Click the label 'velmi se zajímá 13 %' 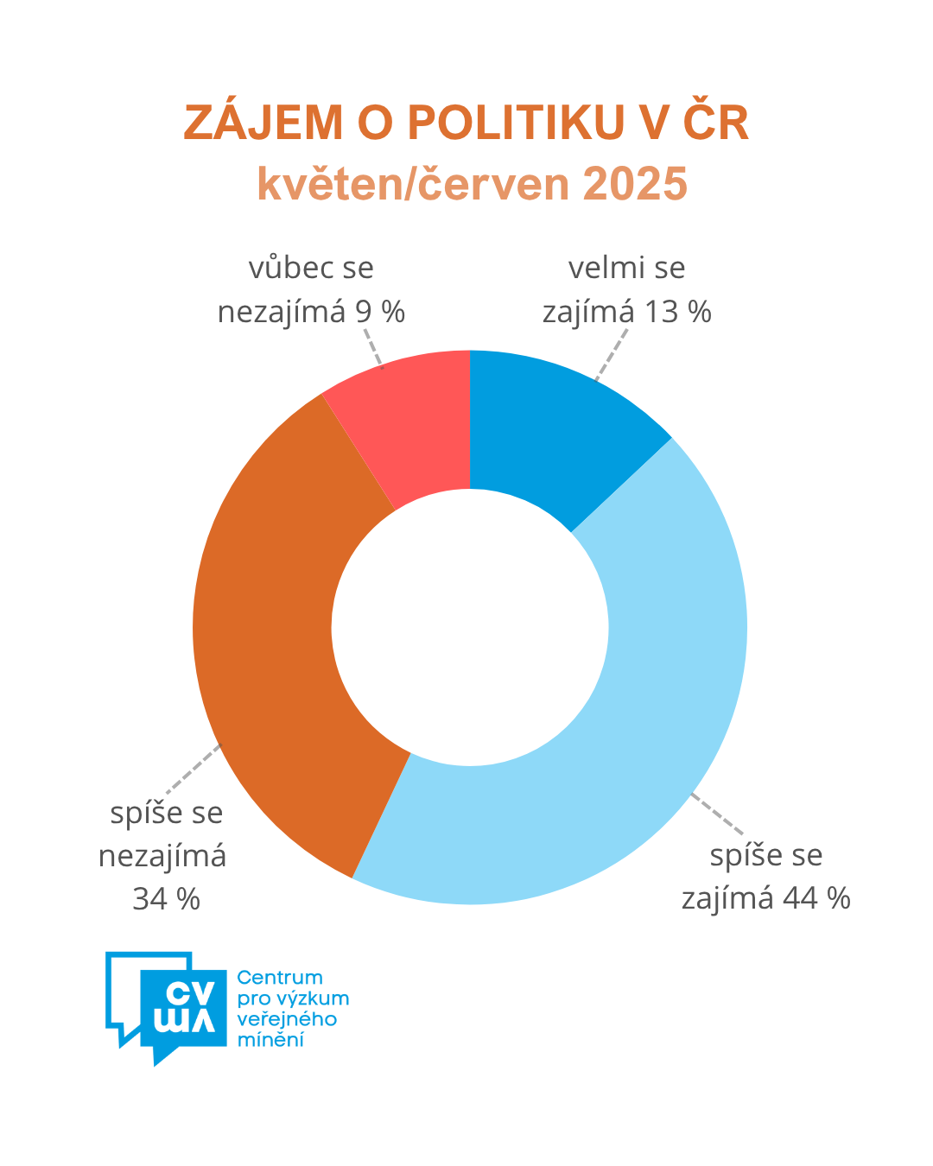point(626,289)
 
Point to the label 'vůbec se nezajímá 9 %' point(311,289)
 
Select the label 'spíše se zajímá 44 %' point(765,877)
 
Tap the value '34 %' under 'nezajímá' point(166,899)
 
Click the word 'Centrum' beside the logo point(279,978)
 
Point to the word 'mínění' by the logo point(270,1040)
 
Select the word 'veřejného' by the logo point(286,1019)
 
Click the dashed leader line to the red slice point(372,346)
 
